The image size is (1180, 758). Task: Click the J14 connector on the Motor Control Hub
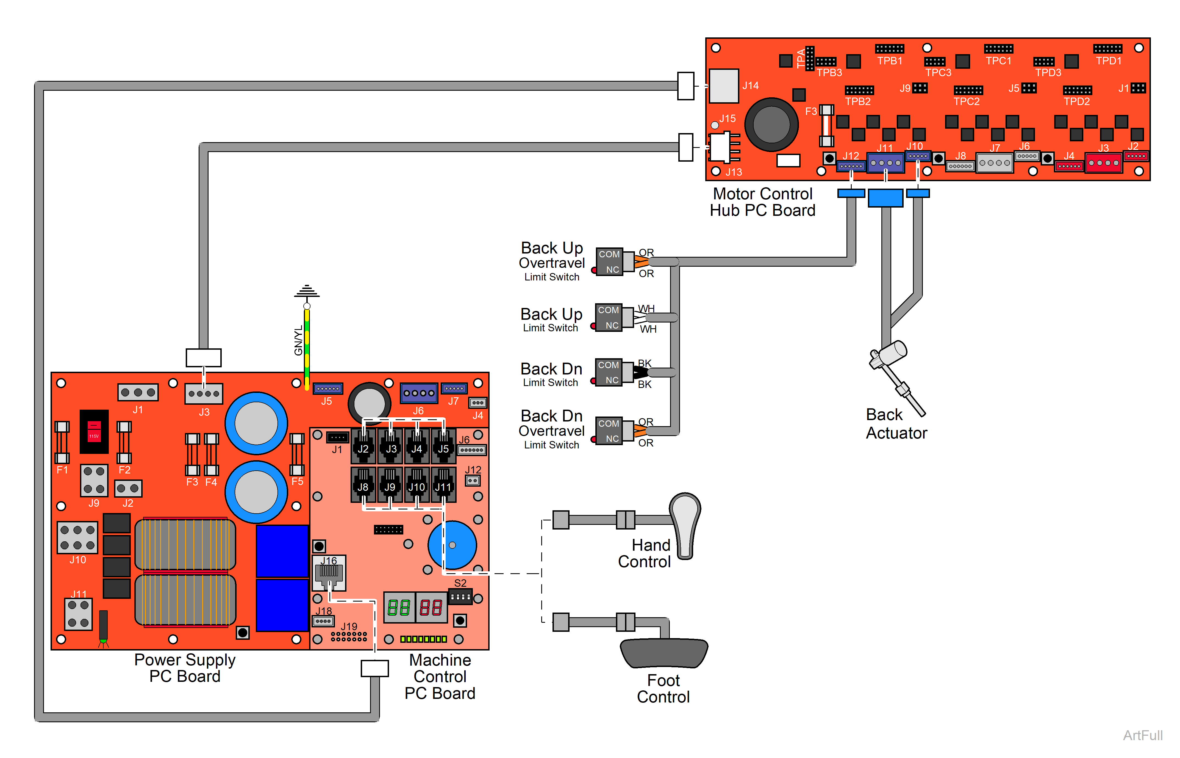(x=724, y=86)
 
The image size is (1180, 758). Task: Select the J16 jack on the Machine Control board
(x=329, y=572)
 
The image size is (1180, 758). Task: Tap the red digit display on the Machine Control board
(x=431, y=608)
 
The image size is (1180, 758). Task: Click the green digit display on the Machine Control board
(x=398, y=608)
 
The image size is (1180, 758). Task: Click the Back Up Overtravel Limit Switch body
(x=610, y=262)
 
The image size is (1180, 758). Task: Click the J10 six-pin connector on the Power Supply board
(x=77, y=538)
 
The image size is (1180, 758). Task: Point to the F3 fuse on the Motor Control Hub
(x=826, y=126)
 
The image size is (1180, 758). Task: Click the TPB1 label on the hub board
(x=889, y=61)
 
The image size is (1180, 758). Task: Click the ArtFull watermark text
(x=1143, y=735)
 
